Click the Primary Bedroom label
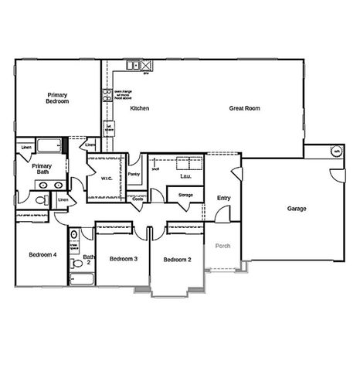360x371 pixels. pos(56,97)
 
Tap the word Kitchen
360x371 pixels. pos(139,108)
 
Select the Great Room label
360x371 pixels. pos(244,108)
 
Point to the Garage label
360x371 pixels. pos(297,209)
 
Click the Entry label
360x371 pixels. pos(223,199)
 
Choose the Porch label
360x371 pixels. pos(223,247)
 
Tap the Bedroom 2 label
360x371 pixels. pos(177,260)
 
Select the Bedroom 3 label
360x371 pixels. pos(123,258)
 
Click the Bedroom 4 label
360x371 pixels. pos(42,254)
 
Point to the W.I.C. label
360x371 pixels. pos(107,179)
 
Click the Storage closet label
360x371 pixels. pos(185,195)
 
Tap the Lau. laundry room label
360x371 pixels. pos(185,176)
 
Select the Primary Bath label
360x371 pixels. pos(41,169)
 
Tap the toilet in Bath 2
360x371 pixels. pos(73,233)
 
